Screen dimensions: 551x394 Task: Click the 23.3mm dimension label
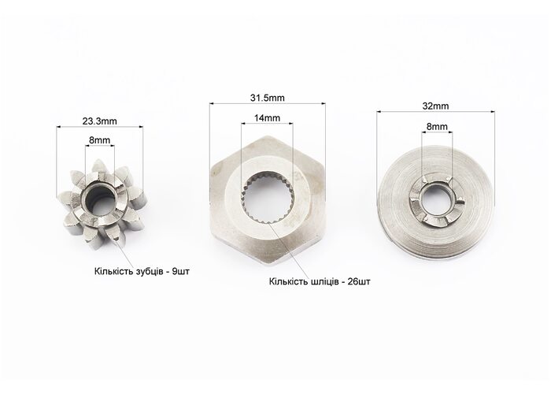[99, 121]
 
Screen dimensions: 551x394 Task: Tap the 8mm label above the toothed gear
[99, 140]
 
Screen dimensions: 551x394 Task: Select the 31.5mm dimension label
[268, 98]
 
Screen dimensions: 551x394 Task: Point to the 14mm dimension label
[267, 118]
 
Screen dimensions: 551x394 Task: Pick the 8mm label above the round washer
[437, 126]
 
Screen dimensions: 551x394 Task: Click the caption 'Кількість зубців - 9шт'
[142, 272]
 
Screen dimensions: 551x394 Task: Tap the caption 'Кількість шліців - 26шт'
[320, 282]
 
